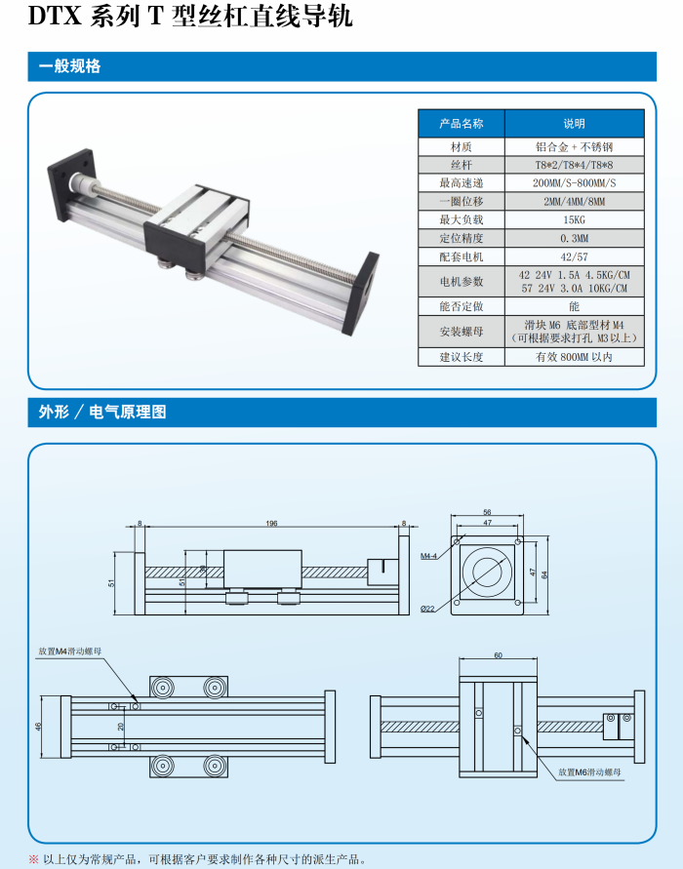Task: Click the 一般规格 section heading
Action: pos(70,66)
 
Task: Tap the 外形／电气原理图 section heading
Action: pos(102,412)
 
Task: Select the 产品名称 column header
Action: pos(462,124)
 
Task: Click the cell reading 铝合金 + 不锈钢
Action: pos(574,147)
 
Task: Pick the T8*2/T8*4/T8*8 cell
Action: pos(574,165)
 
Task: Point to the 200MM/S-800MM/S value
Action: pos(574,183)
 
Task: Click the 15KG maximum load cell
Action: pos(574,220)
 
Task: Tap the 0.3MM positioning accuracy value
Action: pos(574,238)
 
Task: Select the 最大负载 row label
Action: pos(462,220)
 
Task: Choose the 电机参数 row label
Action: pos(462,282)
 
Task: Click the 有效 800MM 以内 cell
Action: pos(574,357)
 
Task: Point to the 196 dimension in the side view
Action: pos(271,523)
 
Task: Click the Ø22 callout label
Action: pos(427,609)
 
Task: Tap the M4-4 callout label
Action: pos(428,556)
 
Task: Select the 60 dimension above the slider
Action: pos(498,655)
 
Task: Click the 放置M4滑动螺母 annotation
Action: pos(70,652)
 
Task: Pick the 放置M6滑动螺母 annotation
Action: pos(589,772)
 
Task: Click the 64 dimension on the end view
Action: pos(544,574)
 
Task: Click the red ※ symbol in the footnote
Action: pos(34,859)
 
